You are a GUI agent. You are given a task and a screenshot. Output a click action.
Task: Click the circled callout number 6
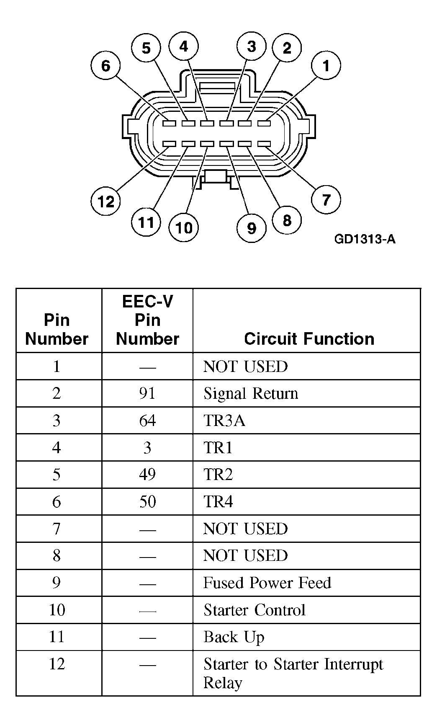click(x=105, y=66)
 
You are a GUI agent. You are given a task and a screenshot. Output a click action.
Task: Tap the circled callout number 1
click(x=326, y=65)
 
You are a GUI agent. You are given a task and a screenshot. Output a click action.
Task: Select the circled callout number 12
click(x=106, y=201)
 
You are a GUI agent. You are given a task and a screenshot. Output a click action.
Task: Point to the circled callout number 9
click(x=252, y=228)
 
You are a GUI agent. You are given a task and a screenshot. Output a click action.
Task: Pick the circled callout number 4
click(x=184, y=46)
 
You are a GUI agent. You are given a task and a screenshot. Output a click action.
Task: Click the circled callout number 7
click(x=326, y=199)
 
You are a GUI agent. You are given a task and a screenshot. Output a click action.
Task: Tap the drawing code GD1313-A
click(x=365, y=239)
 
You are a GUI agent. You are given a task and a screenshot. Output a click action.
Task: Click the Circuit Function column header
click(x=309, y=338)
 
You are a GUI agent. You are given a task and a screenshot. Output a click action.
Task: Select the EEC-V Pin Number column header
click(x=147, y=320)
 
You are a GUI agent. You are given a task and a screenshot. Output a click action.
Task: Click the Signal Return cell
click(x=251, y=393)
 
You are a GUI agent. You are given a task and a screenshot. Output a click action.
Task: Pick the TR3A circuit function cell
click(x=224, y=420)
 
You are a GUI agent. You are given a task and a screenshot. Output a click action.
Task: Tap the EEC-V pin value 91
click(x=147, y=393)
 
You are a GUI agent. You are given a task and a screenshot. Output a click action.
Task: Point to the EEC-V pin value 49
click(x=147, y=475)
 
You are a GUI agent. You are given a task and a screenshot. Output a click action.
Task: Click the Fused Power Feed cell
click(x=267, y=583)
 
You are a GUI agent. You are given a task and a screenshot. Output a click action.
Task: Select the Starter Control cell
click(x=254, y=610)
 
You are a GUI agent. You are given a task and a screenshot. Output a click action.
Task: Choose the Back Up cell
click(x=234, y=637)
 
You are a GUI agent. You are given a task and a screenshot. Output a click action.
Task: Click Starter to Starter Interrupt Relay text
click(x=293, y=673)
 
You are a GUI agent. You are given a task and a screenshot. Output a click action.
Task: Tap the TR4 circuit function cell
click(x=218, y=501)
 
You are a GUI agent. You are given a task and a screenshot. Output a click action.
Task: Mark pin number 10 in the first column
click(x=57, y=610)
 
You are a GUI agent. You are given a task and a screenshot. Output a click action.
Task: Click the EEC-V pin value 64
click(x=147, y=420)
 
